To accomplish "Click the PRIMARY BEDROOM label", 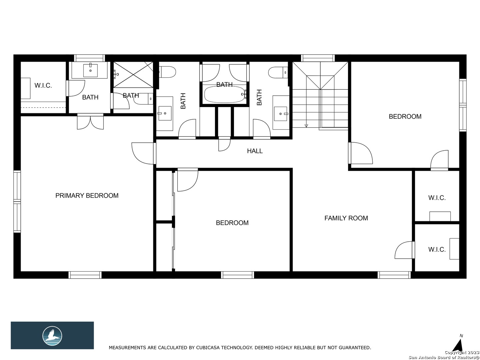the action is [x=87, y=195].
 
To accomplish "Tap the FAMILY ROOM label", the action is [x=346, y=218].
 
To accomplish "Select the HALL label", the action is [x=255, y=151].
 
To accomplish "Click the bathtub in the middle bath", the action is [x=224, y=94].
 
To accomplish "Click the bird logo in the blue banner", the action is [x=52, y=336].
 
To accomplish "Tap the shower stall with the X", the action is [x=133, y=75].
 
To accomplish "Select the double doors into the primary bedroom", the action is [x=90, y=121].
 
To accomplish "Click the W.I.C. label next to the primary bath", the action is [x=43, y=85].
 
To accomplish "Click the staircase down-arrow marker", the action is [x=306, y=126].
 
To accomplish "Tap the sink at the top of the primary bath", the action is [x=90, y=70].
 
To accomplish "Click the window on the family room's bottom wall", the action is [x=394, y=275].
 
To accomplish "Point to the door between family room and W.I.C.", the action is [x=405, y=250].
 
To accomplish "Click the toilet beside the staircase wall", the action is [x=278, y=72].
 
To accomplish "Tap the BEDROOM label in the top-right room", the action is [x=405, y=117].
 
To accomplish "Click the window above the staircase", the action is [x=318, y=58].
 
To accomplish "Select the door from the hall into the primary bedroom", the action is [x=144, y=153].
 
